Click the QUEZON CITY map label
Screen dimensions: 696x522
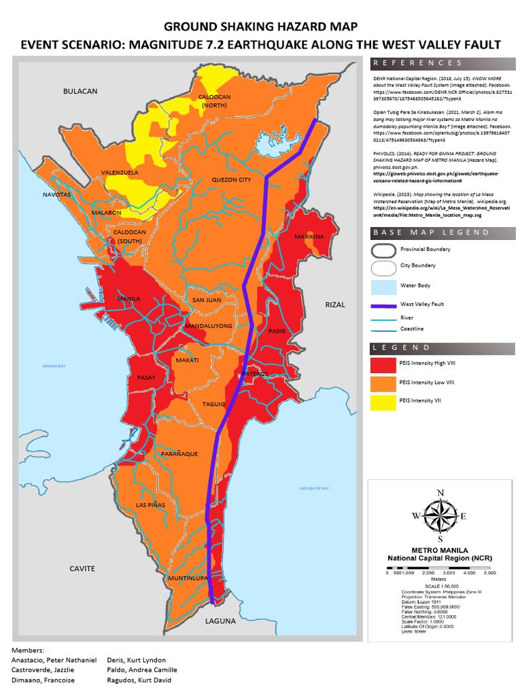tap(231, 180)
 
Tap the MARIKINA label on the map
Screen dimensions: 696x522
tap(309, 237)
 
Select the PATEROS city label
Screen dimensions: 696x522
tap(254, 374)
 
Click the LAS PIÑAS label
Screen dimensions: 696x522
tap(151, 505)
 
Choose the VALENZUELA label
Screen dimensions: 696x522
tap(120, 173)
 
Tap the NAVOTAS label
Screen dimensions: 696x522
tap(56, 194)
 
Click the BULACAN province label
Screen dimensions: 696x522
tap(80, 91)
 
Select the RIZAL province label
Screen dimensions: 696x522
tap(335, 304)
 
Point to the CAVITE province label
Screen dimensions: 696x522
tap(82, 568)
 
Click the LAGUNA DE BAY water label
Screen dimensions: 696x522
tap(314, 489)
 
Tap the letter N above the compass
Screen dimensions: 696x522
tap(440, 493)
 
